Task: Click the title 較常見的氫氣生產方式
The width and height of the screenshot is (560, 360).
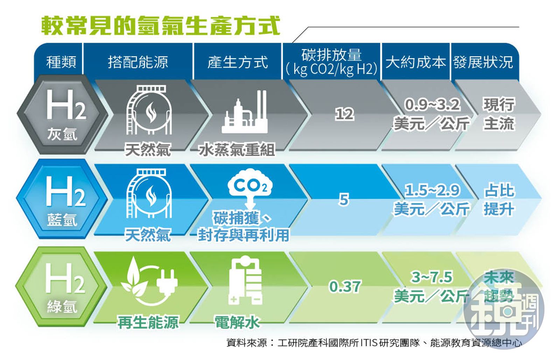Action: pos(160,25)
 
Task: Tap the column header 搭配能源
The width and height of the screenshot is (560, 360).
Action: pos(138,62)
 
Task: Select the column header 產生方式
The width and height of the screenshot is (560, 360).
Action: pos(238,62)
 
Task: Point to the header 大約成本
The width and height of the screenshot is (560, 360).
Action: pos(415,62)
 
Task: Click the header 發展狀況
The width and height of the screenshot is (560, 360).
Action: pos(483,62)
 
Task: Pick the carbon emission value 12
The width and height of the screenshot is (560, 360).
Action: pos(344,114)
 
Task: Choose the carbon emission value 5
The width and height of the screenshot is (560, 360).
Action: pos(344,200)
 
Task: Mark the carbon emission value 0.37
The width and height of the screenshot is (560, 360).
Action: pos(344,286)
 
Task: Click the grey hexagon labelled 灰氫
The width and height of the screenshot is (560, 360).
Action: pos(62,115)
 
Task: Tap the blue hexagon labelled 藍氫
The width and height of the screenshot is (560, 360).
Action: pos(62,200)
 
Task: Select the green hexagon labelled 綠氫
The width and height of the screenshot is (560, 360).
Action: pos(62,286)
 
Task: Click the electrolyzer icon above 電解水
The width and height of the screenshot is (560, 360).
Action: pos(245,280)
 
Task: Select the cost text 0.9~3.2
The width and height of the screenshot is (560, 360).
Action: pos(432,104)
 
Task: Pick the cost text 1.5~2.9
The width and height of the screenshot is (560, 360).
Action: pos(432,190)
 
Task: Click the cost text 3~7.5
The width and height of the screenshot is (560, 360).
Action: pos(432,277)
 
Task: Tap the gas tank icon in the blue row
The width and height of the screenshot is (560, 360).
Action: pos(149,194)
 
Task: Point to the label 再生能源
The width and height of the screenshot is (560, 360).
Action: pos(148,322)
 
